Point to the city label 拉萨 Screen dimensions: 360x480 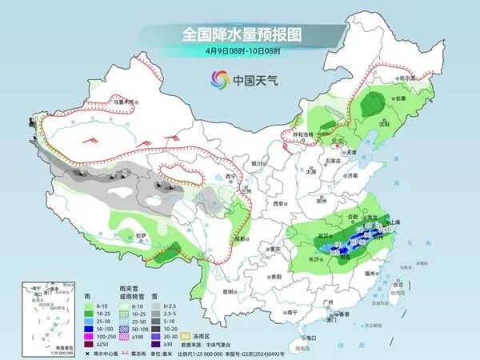(140, 235)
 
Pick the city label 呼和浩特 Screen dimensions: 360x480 (304, 134)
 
